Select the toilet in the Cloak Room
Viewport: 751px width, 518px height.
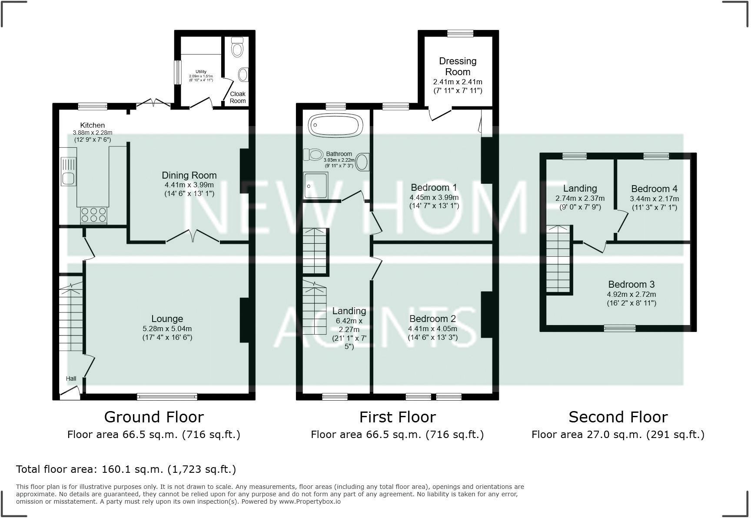[x=237, y=47]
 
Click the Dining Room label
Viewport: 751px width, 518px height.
[x=189, y=175]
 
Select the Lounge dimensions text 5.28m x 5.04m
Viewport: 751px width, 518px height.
[x=167, y=329]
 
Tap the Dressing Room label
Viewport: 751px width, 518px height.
[x=457, y=66]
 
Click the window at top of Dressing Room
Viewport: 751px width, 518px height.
[x=460, y=33]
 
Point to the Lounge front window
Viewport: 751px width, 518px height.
[x=167, y=396]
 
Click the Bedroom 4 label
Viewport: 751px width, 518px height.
[x=654, y=189]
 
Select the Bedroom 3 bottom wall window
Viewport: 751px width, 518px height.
[x=619, y=328]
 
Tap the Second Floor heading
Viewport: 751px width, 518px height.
[x=618, y=417]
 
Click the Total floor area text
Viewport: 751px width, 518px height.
[x=126, y=469]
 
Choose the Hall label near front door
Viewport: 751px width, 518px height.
[x=71, y=379]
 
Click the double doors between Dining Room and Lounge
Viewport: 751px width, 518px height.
[x=193, y=236]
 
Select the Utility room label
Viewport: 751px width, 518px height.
[x=201, y=72]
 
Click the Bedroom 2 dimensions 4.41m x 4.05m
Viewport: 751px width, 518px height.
[x=432, y=329]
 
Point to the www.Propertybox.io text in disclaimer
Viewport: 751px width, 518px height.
[x=310, y=501]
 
